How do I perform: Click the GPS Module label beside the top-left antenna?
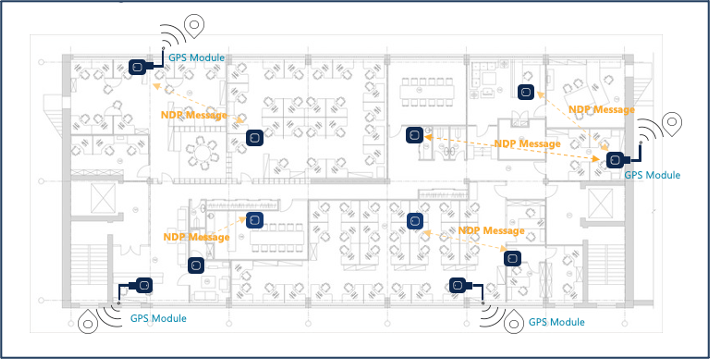[197, 58]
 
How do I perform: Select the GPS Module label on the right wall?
[652, 175]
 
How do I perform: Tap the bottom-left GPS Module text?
[158, 318]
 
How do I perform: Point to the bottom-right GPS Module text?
[556, 322]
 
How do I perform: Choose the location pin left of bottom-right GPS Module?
[513, 321]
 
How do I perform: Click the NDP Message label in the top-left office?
[194, 115]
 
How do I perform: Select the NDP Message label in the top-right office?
[602, 110]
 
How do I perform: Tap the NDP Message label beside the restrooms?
[528, 144]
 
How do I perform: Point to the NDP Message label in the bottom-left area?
[197, 237]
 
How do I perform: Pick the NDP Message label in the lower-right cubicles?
[491, 230]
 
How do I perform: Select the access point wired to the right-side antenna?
[615, 159]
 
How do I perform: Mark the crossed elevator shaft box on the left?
[104, 198]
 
